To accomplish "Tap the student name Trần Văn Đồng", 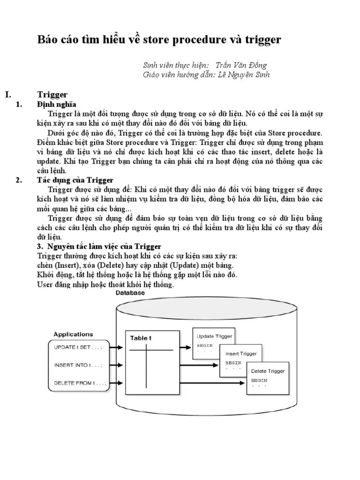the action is coord(241,65).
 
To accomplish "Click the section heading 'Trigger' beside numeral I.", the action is coord(52,95).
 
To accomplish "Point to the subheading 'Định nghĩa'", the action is coord(57,104).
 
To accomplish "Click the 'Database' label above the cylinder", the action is coord(130,293).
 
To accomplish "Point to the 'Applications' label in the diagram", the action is coord(73,335).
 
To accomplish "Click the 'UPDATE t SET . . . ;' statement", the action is coord(78,347).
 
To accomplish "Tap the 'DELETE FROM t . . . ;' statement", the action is coord(80,383).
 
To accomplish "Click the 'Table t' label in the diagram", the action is coord(141,337).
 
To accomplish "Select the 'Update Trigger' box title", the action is coord(214,336).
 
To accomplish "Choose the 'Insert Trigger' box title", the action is coord(241,354).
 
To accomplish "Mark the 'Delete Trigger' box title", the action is coord(268,371).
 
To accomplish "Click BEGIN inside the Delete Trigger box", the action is coord(259,380).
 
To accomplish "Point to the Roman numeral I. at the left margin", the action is coord(8,95).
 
